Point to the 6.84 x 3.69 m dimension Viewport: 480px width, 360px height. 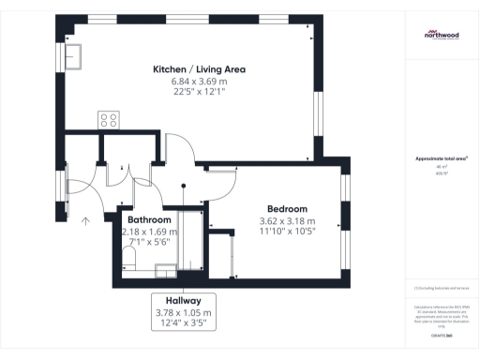pyautogui.click(x=198, y=82)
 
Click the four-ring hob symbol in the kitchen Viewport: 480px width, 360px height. pyautogui.click(x=109, y=120)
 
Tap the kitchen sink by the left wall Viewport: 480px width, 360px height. pyautogui.click(x=72, y=57)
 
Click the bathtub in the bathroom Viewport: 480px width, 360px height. pyautogui.click(x=194, y=241)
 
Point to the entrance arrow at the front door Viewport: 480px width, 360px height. pyautogui.click(x=85, y=221)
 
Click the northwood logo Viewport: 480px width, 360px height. pyautogui.click(x=441, y=35)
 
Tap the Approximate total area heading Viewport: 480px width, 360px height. pyautogui.click(x=441, y=159)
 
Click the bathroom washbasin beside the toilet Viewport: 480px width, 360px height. pyautogui.click(x=165, y=269)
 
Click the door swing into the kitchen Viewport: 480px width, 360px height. pyautogui.click(x=180, y=148)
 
